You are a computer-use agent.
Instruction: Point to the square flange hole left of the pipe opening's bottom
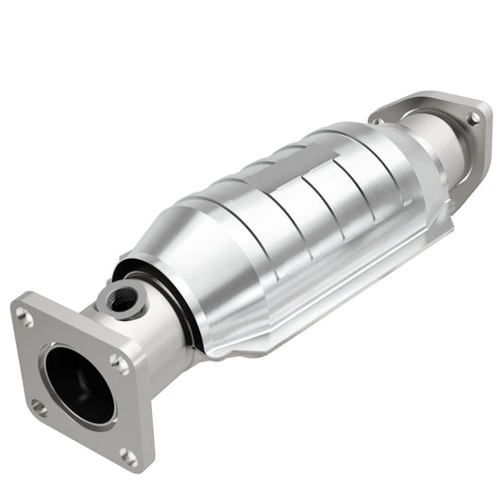coord(38,408)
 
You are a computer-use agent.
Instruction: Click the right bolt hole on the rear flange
coord(474,118)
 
